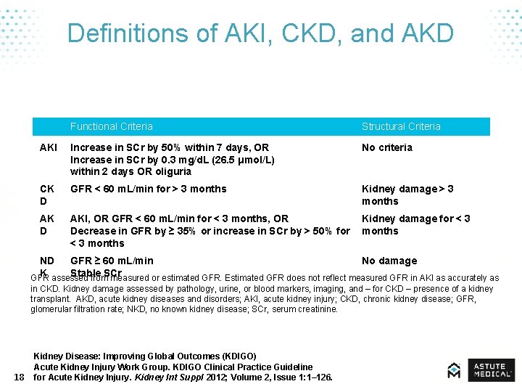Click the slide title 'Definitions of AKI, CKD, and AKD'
(260, 33)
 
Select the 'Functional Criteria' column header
(112, 126)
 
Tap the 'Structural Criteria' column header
(401, 126)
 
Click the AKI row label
(48, 147)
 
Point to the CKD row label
(46, 195)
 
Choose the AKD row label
(46, 224)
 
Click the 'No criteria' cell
(387, 147)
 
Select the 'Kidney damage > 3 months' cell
(407, 195)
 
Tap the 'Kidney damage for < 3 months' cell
(415, 224)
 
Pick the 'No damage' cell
(389, 261)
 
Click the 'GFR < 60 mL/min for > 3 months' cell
(149, 189)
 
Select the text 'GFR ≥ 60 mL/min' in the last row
(112, 261)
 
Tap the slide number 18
(19, 377)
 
